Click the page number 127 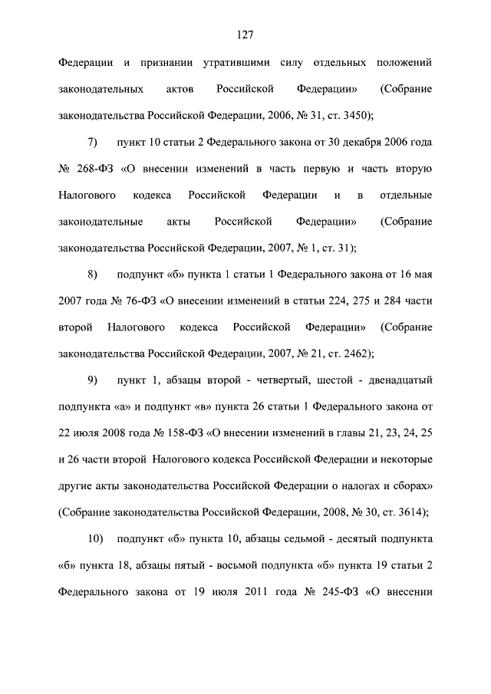pyautogui.click(x=245, y=34)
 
